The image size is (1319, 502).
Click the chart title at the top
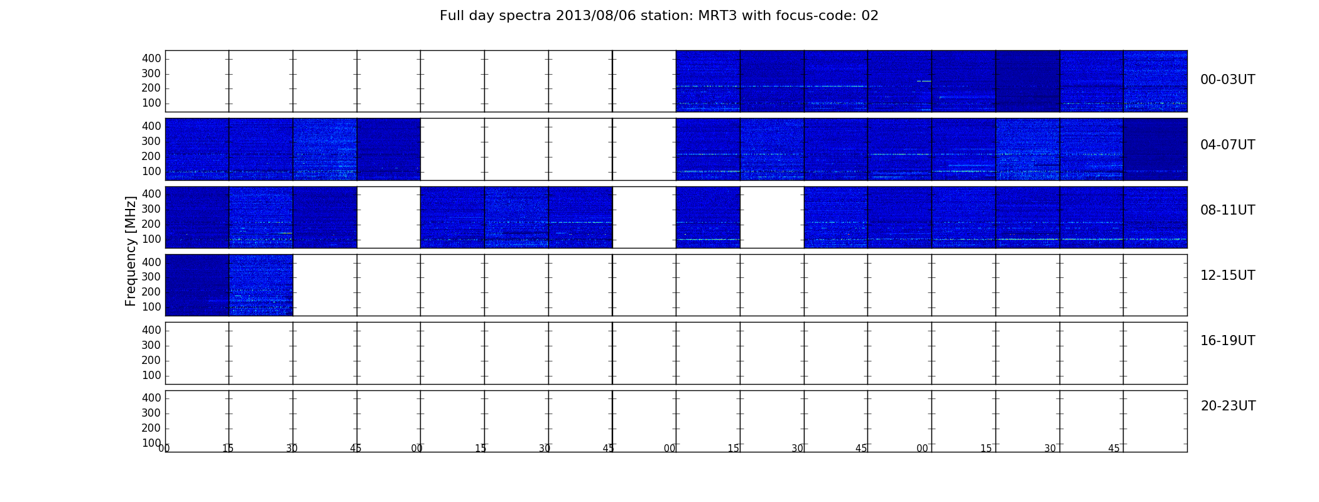[x=659, y=16]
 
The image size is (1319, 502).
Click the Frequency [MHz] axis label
[x=131, y=251]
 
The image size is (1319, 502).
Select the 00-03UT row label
[x=1228, y=80]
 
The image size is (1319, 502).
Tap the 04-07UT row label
[x=1228, y=145]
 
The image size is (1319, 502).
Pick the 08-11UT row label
[x=1228, y=210]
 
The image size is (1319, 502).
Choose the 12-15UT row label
[x=1228, y=275]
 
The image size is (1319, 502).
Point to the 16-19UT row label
[x=1228, y=341]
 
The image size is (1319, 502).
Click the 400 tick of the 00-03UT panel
[x=151, y=58]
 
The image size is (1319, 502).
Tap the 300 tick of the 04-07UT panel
[x=151, y=141]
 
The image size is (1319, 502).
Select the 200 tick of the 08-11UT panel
[x=151, y=224]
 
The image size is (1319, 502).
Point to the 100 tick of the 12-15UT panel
[x=151, y=307]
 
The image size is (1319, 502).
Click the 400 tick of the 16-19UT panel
[x=151, y=330]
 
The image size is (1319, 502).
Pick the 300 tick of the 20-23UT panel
[x=151, y=413]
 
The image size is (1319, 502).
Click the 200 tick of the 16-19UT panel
[x=151, y=360]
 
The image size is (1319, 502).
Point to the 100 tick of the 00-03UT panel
[x=151, y=103]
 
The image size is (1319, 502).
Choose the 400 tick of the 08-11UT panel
[x=151, y=194]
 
